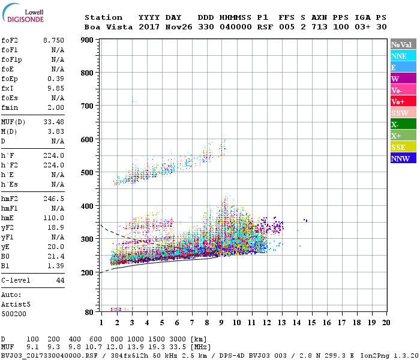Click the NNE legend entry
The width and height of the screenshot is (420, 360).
(403, 56)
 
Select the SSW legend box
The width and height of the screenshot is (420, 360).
(403, 113)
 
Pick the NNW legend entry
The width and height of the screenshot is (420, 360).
(403, 158)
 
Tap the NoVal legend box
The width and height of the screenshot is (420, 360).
(403, 44)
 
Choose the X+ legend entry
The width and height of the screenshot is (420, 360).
(403, 136)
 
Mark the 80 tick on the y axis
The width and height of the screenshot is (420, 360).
(89, 312)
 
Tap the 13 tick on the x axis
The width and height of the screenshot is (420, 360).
(281, 322)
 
